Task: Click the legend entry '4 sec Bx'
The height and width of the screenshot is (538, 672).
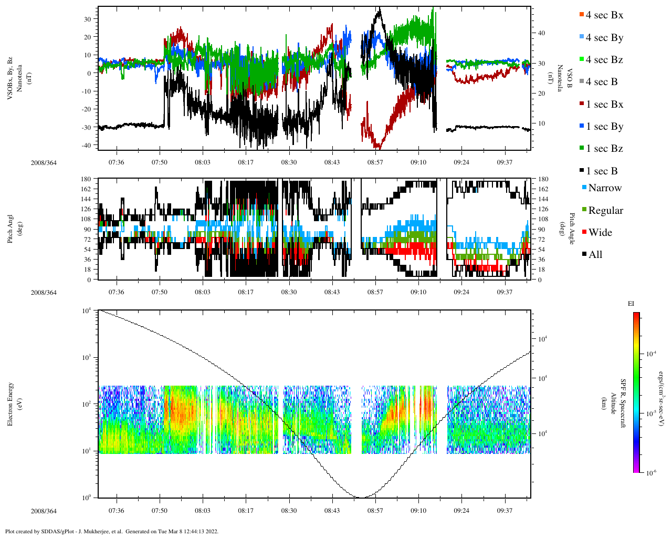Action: (x=604, y=15)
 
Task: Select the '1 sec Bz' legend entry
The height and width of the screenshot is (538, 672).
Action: (x=604, y=149)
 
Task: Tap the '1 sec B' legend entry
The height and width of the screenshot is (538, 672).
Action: (x=602, y=171)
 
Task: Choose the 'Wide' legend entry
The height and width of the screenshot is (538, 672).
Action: (x=600, y=233)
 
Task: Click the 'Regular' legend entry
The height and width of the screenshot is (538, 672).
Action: (x=605, y=211)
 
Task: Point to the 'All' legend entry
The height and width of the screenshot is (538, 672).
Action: (x=595, y=255)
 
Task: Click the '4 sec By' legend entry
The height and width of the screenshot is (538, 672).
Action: (x=604, y=38)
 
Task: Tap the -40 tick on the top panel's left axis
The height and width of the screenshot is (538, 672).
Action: (x=88, y=145)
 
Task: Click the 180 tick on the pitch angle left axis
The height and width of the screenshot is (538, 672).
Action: (x=87, y=179)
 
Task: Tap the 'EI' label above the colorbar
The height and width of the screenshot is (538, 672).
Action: (x=631, y=304)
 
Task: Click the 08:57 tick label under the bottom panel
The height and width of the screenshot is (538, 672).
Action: (x=375, y=511)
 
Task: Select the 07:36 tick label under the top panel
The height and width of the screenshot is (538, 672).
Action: (x=116, y=162)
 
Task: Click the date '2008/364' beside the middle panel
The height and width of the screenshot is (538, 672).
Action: (x=44, y=293)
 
